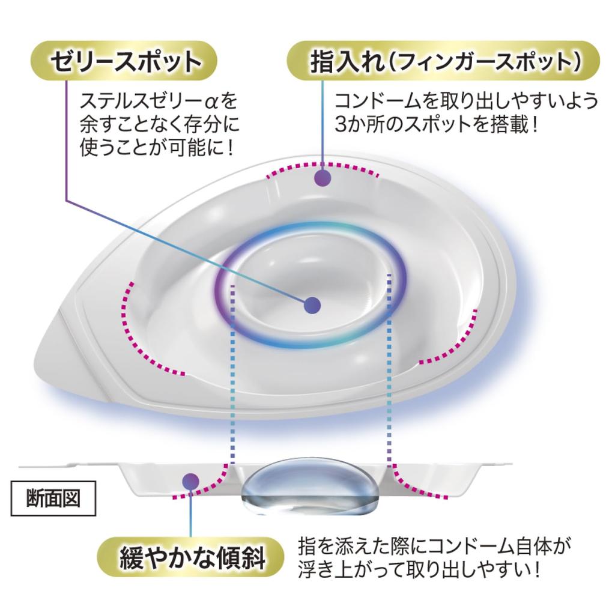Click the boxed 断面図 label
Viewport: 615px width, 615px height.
(53, 498)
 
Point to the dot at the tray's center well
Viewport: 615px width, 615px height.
(312, 305)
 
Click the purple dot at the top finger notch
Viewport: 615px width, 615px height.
(323, 178)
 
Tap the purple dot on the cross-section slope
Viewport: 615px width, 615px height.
(191, 481)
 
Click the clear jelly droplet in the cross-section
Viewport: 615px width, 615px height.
(310, 485)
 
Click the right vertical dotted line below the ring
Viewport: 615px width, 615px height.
(389, 368)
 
